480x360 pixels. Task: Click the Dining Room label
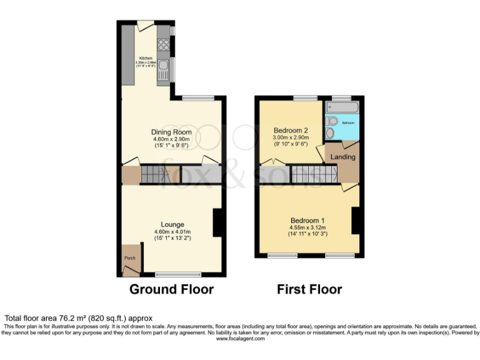pos(171,132)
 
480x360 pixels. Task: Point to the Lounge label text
pos(171,224)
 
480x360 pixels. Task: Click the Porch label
pos(130,258)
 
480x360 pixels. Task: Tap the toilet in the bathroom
pos(331,121)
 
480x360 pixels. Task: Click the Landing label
pos(342,157)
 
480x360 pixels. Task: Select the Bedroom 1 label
pos(307,220)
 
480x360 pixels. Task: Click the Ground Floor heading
pos(171,289)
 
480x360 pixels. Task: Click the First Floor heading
pos(309,289)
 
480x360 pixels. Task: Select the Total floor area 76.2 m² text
pos(78,318)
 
